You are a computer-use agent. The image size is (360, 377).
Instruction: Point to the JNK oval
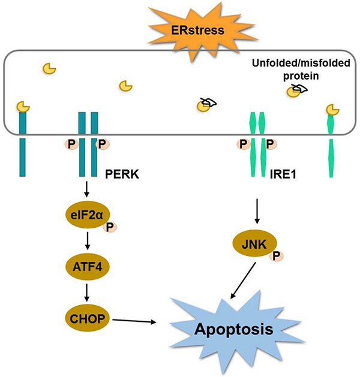[253, 244]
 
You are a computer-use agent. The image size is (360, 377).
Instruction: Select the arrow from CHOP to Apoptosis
[135, 321]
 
